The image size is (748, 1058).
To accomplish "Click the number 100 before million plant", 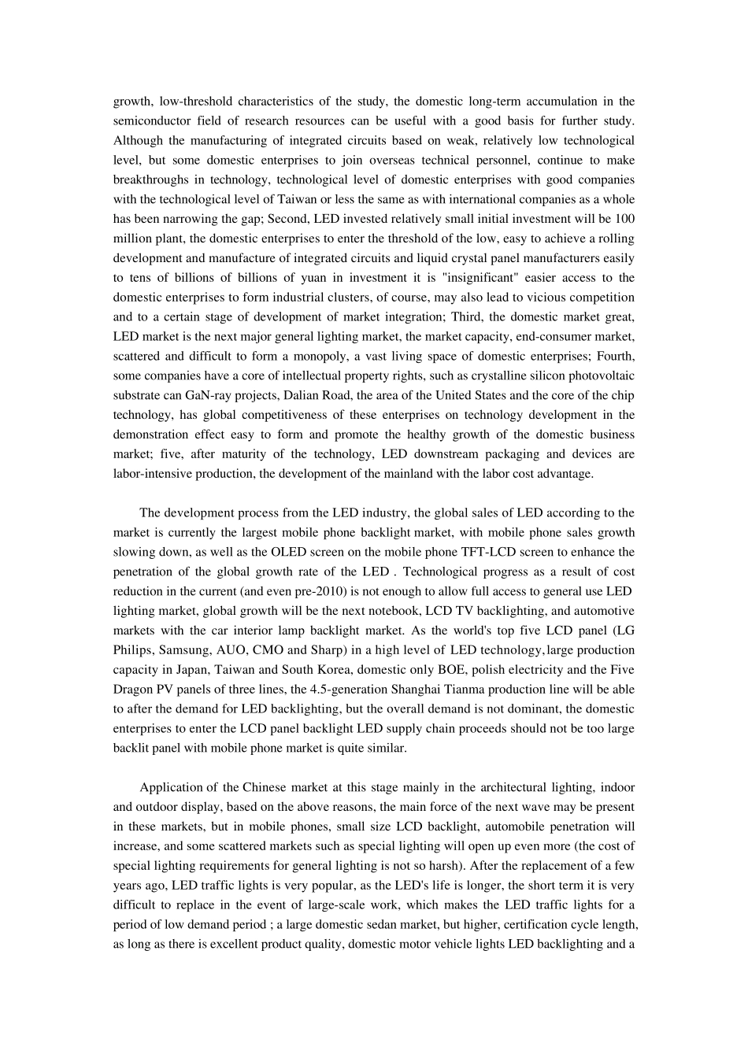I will [x=624, y=219].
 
